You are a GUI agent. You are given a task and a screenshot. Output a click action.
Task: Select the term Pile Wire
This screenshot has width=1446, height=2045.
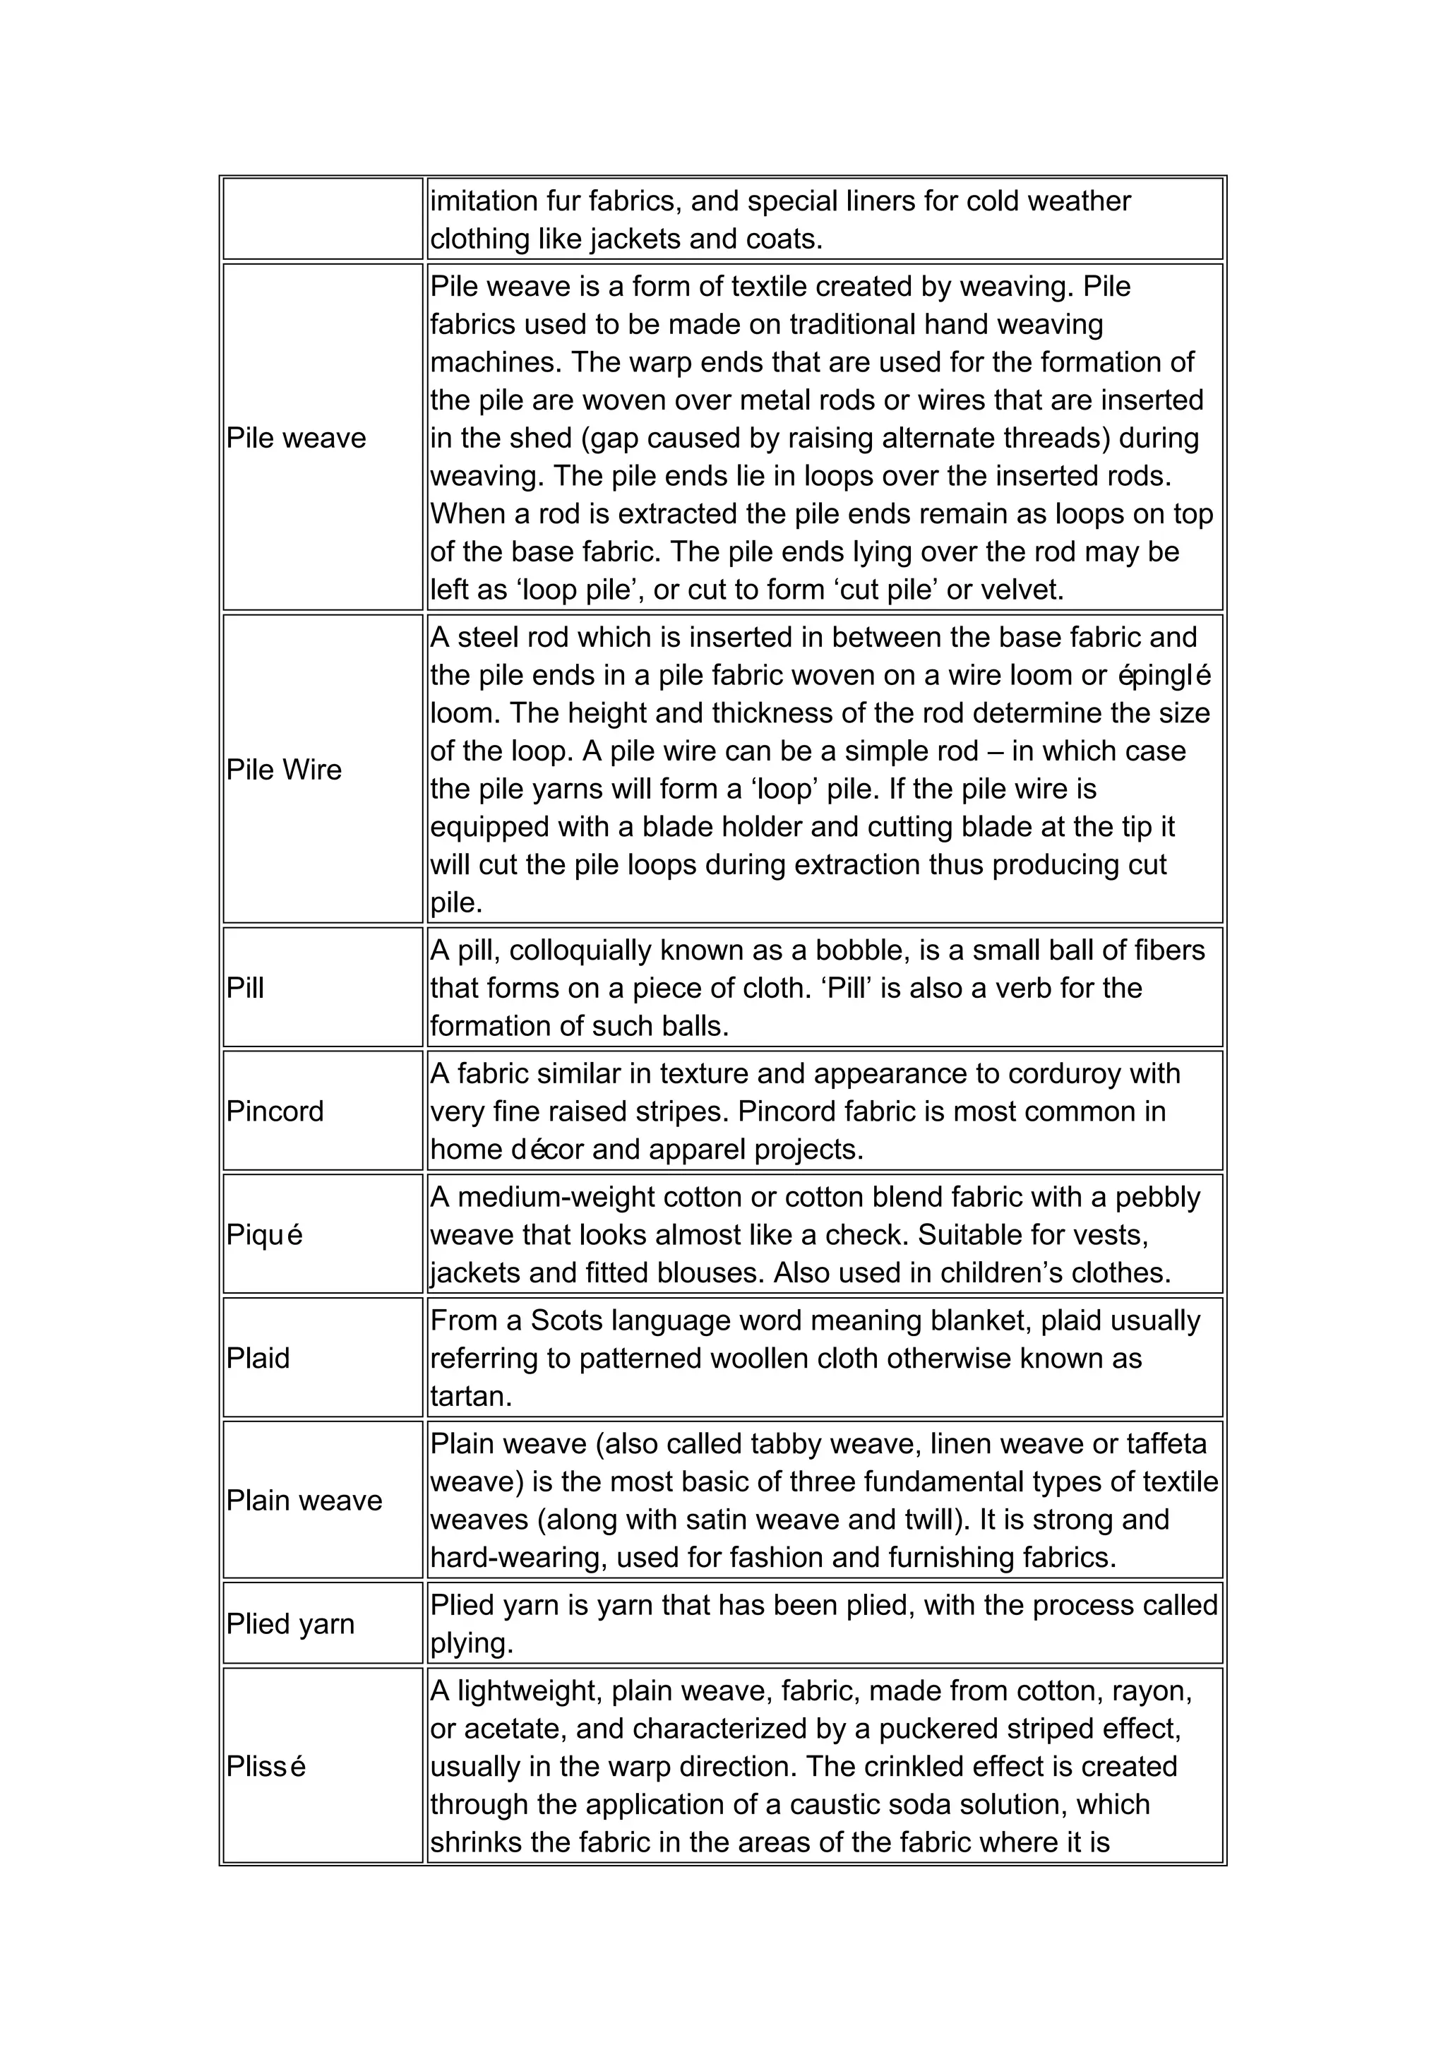[283, 770]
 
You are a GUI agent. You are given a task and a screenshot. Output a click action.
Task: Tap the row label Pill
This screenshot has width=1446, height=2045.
[245, 988]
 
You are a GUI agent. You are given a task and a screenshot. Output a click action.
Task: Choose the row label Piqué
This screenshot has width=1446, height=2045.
[265, 1235]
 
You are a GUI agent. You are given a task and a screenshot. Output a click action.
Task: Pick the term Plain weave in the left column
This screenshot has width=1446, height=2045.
[304, 1501]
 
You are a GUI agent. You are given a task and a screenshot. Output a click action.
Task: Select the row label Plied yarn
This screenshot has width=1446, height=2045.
[289, 1623]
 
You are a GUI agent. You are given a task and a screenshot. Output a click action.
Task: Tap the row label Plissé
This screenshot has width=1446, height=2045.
[265, 1766]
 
